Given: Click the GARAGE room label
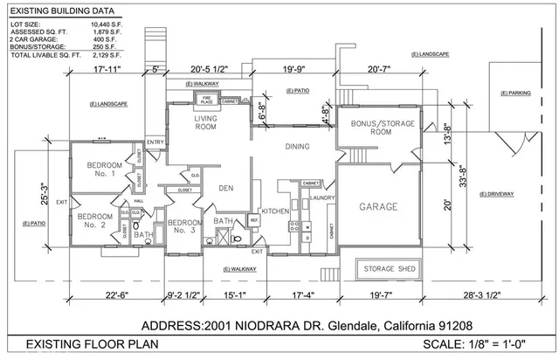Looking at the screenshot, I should click(x=378, y=208).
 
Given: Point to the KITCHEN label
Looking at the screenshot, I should click(x=275, y=212).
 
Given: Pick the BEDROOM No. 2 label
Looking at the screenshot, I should click(x=94, y=219).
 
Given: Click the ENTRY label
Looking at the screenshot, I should click(x=155, y=142).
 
